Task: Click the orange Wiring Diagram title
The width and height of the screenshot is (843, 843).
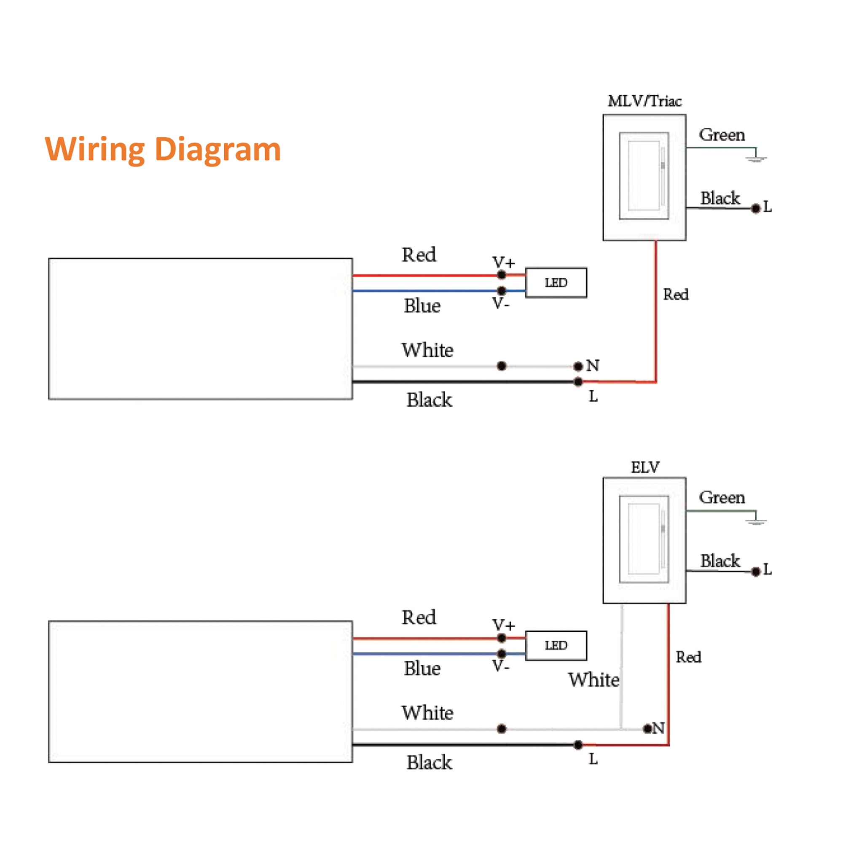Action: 163,150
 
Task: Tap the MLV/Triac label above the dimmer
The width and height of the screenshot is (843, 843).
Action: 644,101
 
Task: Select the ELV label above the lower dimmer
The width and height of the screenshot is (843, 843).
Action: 645,467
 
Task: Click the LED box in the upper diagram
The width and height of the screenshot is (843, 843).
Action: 556,283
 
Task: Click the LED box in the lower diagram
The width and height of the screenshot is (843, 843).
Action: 556,645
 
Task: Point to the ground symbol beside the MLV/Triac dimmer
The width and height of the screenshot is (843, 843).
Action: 756,158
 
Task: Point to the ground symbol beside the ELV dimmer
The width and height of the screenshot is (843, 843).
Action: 756,520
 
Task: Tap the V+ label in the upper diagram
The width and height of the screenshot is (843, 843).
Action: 504,263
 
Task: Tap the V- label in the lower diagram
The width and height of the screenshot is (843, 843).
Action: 500,666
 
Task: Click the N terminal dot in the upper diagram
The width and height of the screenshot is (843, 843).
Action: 579,366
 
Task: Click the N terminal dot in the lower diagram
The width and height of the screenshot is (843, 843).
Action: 647,729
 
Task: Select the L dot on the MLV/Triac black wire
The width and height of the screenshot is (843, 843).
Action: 756,209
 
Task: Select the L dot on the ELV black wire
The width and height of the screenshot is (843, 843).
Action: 756,572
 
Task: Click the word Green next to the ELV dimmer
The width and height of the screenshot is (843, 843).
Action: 722,497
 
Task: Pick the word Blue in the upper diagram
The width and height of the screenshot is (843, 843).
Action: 422,306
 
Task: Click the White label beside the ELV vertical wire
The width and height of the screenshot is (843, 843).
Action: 593,680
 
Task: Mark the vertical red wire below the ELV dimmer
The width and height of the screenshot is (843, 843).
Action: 668,672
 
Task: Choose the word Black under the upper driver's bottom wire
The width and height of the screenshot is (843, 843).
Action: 430,400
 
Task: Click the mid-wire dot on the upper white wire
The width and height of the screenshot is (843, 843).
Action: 502,366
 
